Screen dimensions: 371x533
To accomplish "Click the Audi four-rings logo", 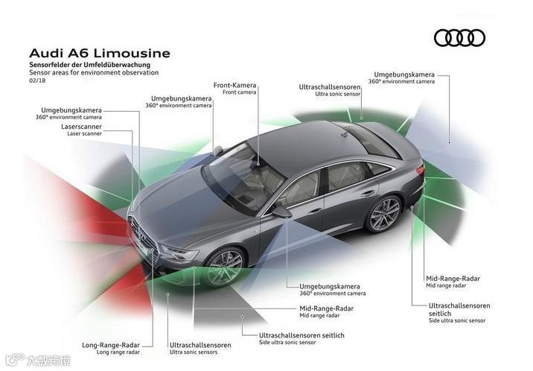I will tap(459, 38).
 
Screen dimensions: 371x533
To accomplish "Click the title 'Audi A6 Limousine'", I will tap(99, 54).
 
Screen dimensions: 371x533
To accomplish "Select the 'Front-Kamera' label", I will tap(234, 85).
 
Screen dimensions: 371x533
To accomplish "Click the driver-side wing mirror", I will tap(281, 212).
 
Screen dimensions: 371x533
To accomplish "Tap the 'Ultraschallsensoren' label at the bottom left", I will tap(200, 345).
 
